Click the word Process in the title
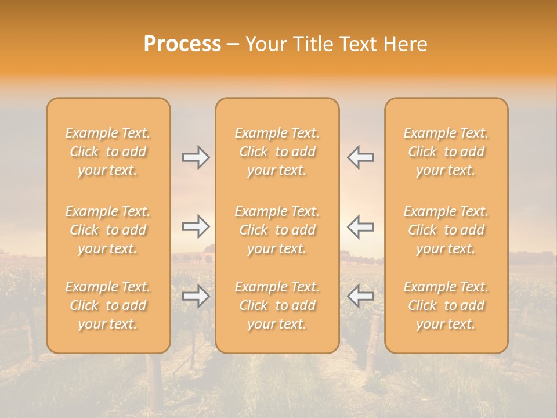tap(182, 44)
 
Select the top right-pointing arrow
tap(196, 157)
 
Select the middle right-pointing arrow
tap(196, 226)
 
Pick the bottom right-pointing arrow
tap(196, 296)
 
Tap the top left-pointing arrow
tap(360, 157)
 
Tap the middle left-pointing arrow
tap(360, 226)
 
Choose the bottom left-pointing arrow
tap(360, 296)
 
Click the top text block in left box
tap(108, 152)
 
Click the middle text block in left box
tap(108, 230)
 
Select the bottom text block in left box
tap(108, 305)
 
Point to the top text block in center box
tap(277, 152)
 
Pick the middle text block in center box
tap(277, 230)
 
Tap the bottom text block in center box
tap(277, 305)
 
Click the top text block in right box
tap(446, 152)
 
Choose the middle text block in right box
tap(446, 230)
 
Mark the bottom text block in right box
tap(446, 305)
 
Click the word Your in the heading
tap(266, 44)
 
